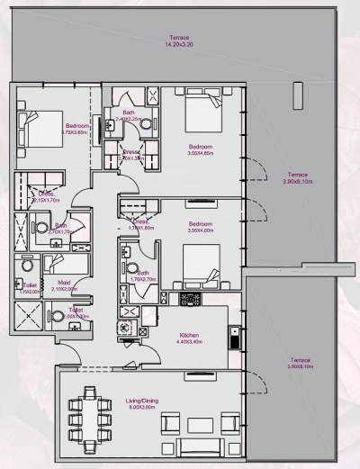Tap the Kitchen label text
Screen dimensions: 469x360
pyautogui.click(x=187, y=335)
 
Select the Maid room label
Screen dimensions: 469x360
pyautogui.click(x=64, y=283)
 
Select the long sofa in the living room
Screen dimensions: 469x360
pyautogui.click(x=201, y=446)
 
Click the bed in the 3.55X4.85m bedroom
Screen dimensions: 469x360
pyautogui.click(x=203, y=114)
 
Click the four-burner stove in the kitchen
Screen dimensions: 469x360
pyautogui.click(x=190, y=298)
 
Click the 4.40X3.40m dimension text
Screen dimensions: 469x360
pyautogui.click(x=187, y=341)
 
